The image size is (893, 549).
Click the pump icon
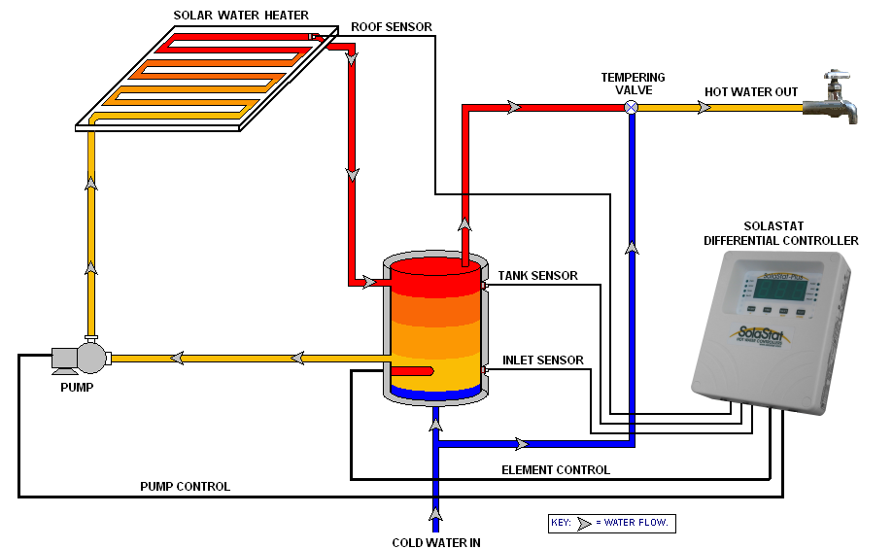84,356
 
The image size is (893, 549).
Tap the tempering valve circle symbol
631,107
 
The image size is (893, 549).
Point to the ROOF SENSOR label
392,26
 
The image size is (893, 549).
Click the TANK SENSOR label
537,276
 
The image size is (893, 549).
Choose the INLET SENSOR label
542,360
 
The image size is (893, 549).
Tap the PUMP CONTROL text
185,486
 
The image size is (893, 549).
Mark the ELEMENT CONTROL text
555,470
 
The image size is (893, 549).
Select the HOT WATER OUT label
751,92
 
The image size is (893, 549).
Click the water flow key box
611,524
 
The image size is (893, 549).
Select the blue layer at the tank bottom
435,394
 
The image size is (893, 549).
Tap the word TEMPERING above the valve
633,77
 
